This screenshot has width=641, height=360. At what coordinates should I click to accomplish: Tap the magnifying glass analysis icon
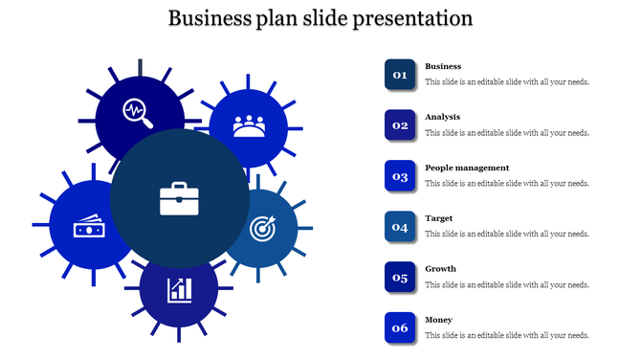[138, 111]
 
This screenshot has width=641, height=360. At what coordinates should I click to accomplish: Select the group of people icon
[250, 125]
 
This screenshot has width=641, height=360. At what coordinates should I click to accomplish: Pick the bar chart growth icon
[179, 288]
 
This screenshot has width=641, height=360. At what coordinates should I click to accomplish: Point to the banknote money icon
[89, 228]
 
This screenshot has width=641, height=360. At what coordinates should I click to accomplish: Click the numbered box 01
[400, 75]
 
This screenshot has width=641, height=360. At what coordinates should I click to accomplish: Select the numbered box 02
[400, 125]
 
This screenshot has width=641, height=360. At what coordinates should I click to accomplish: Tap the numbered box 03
[400, 176]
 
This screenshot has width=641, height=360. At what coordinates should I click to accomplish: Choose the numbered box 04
[400, 227]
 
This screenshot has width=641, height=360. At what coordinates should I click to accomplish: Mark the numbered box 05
[400, 278]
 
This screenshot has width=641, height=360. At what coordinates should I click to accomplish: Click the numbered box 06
[400, 328]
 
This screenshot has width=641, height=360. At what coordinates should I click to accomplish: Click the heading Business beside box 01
[443, 66]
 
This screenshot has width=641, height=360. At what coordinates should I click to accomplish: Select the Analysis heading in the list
[442, 117]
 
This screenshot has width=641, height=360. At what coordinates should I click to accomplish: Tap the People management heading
[467, 168]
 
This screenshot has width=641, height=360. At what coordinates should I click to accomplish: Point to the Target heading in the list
[439, 218]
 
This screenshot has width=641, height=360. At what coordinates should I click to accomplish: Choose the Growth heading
[440, 269]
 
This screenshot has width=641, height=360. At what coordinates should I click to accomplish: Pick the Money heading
[438, 320]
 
